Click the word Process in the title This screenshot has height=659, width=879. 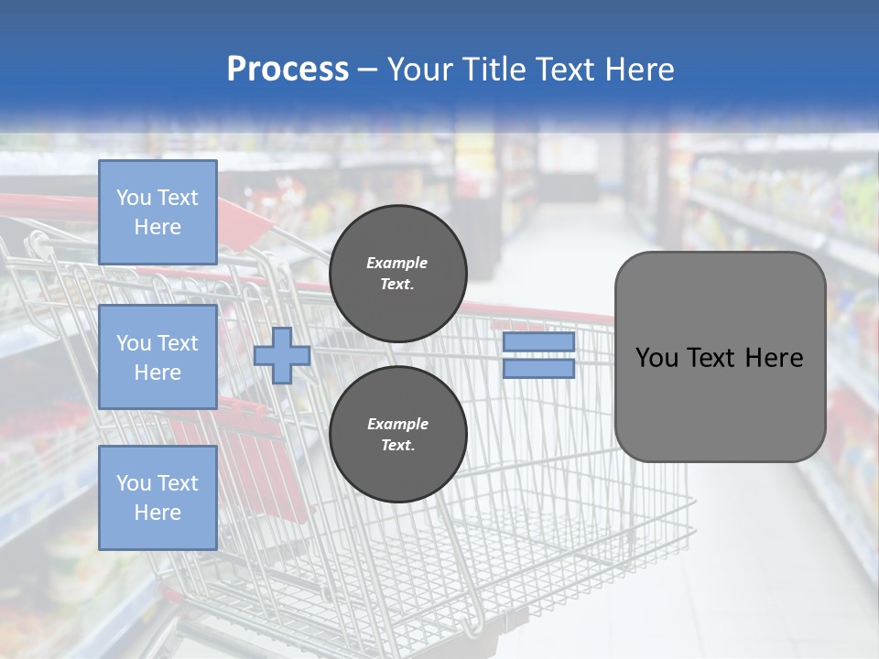[x=288, y=70]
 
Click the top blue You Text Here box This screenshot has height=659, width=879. [x=157, y=212]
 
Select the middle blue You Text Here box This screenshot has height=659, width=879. [x=157, y=357]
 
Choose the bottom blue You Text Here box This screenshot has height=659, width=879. [x=157, y=498]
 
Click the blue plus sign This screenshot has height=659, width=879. [x=282, y=356]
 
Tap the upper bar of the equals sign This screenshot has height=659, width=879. [x=538, y=342]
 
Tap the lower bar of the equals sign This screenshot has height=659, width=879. [x=538, y=369]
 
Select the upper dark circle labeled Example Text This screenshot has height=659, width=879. [x=397, y=274]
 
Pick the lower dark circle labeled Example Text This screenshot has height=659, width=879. [x=397, y=435]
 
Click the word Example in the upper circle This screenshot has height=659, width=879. [x=396, y=263]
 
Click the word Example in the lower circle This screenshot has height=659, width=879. [x=396, y=424]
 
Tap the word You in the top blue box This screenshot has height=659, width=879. [x=134, y=198]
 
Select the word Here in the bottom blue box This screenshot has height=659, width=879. [x=157, y=513]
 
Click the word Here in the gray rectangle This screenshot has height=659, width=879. [x=774, y=358]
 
